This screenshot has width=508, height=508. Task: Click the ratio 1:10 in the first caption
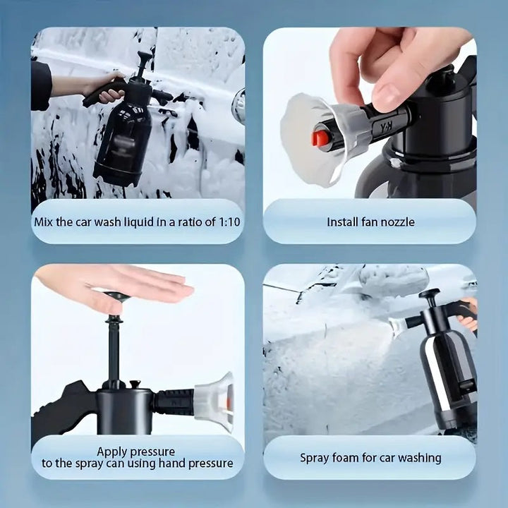pos(231,222)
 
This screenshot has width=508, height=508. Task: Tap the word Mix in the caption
pos(44,222)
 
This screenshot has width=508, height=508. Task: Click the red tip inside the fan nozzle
pos(320,138)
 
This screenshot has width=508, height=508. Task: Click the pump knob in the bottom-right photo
pos(428,294)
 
